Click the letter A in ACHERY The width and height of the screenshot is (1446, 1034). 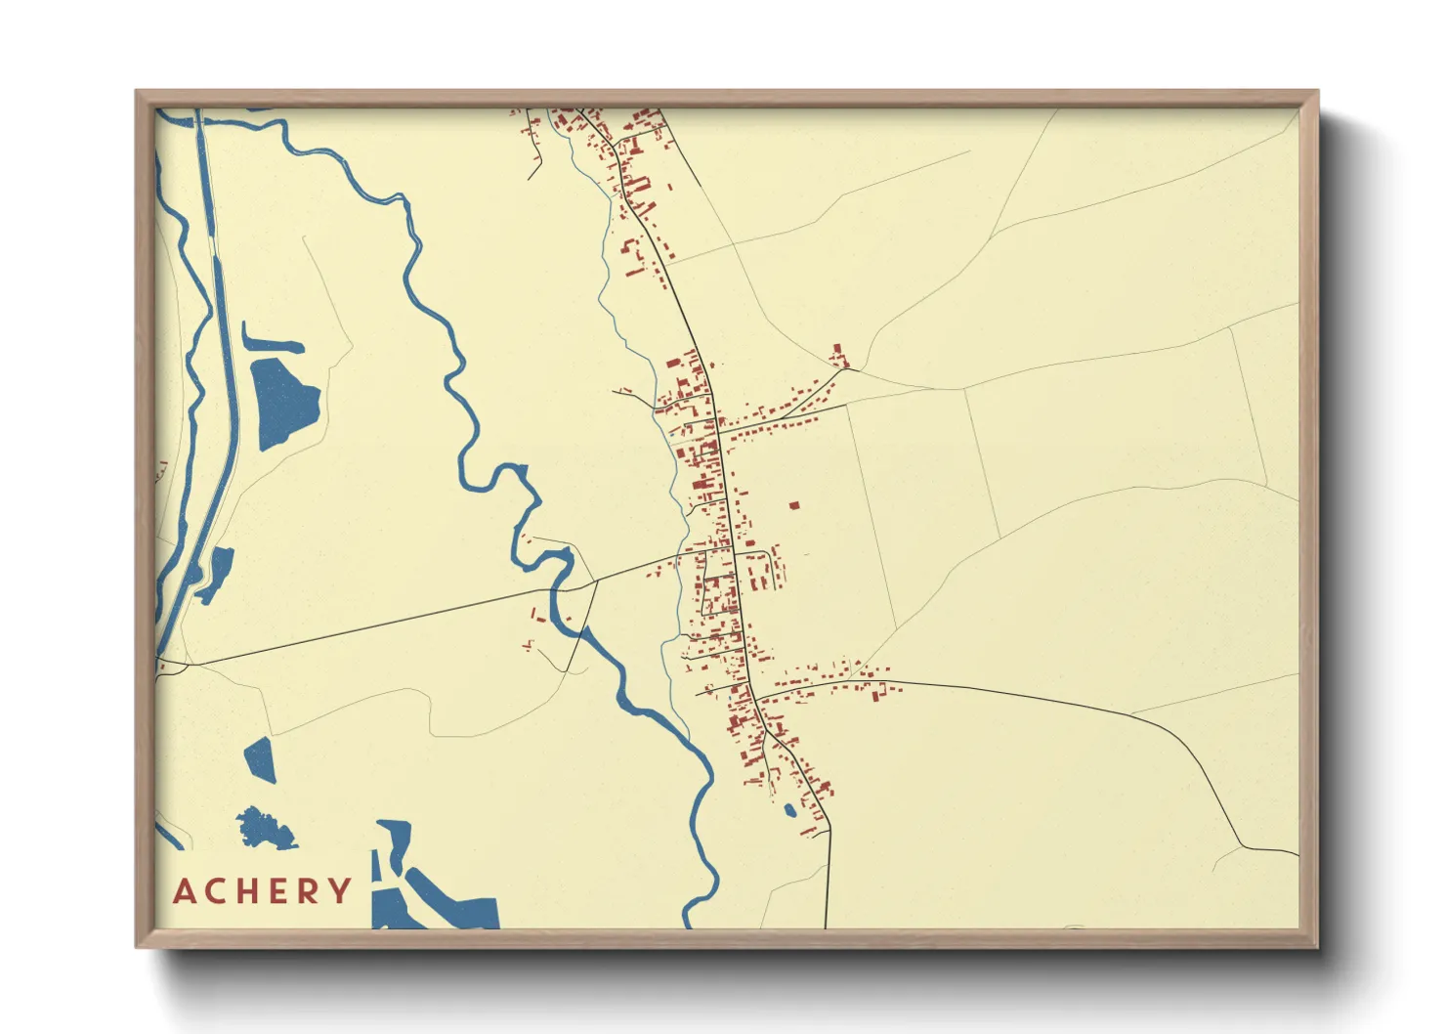[x=185, y=891]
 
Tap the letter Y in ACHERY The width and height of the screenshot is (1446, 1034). [x=340, y=891]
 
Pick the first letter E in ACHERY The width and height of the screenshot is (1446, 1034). [x=277, y=891]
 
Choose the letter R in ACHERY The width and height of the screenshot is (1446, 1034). [x=308, y=891]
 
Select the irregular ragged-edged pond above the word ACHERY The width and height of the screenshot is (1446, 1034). [x=264, y=829]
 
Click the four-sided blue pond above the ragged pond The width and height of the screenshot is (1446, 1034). [x=261, y=759]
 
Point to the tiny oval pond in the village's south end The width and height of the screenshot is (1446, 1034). [x=789, y=809]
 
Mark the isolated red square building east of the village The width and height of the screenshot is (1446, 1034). [x=793, y=505]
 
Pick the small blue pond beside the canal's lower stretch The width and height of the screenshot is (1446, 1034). [x=217, y=572]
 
